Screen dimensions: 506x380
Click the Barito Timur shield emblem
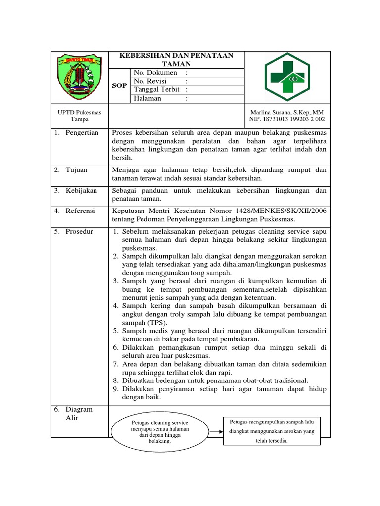[x=80, y=77]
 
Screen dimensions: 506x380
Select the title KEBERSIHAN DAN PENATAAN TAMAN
[x=176, y=59]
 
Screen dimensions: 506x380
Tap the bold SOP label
[x=119, y=85]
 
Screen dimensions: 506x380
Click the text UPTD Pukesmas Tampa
[x=80, y=116]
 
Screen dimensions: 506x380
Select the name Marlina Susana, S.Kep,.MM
[x=286, y=112]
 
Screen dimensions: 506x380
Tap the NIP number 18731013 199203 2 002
[x=286, y=119]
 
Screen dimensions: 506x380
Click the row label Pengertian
[x=82, y=133]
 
